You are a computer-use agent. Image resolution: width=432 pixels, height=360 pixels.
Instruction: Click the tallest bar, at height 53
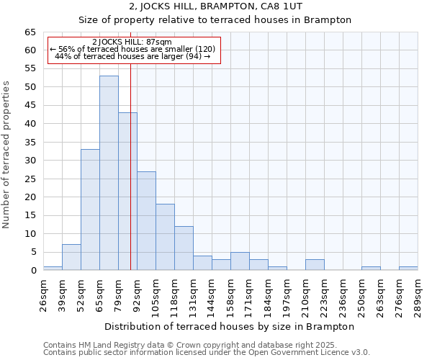click(x=109, y=173)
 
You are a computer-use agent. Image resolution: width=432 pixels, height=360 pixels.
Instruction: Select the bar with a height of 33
click(x=90, y=210)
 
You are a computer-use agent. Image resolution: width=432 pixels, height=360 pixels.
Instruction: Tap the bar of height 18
click(x=165, y=237)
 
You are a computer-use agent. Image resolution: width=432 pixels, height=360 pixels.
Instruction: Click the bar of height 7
click(x=71, y=257)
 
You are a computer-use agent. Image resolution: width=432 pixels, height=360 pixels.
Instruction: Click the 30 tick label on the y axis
click(x=30, y=161)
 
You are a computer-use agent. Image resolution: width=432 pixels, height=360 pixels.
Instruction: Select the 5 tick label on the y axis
click(x=33, y=252)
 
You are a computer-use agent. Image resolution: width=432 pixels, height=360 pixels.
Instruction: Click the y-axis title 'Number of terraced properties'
click(x=6, y=154)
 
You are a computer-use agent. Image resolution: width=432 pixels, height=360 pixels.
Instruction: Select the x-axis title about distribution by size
click(x=229, y=326)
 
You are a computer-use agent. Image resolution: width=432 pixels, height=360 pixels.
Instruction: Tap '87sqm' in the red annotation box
click(x=158, y=42)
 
